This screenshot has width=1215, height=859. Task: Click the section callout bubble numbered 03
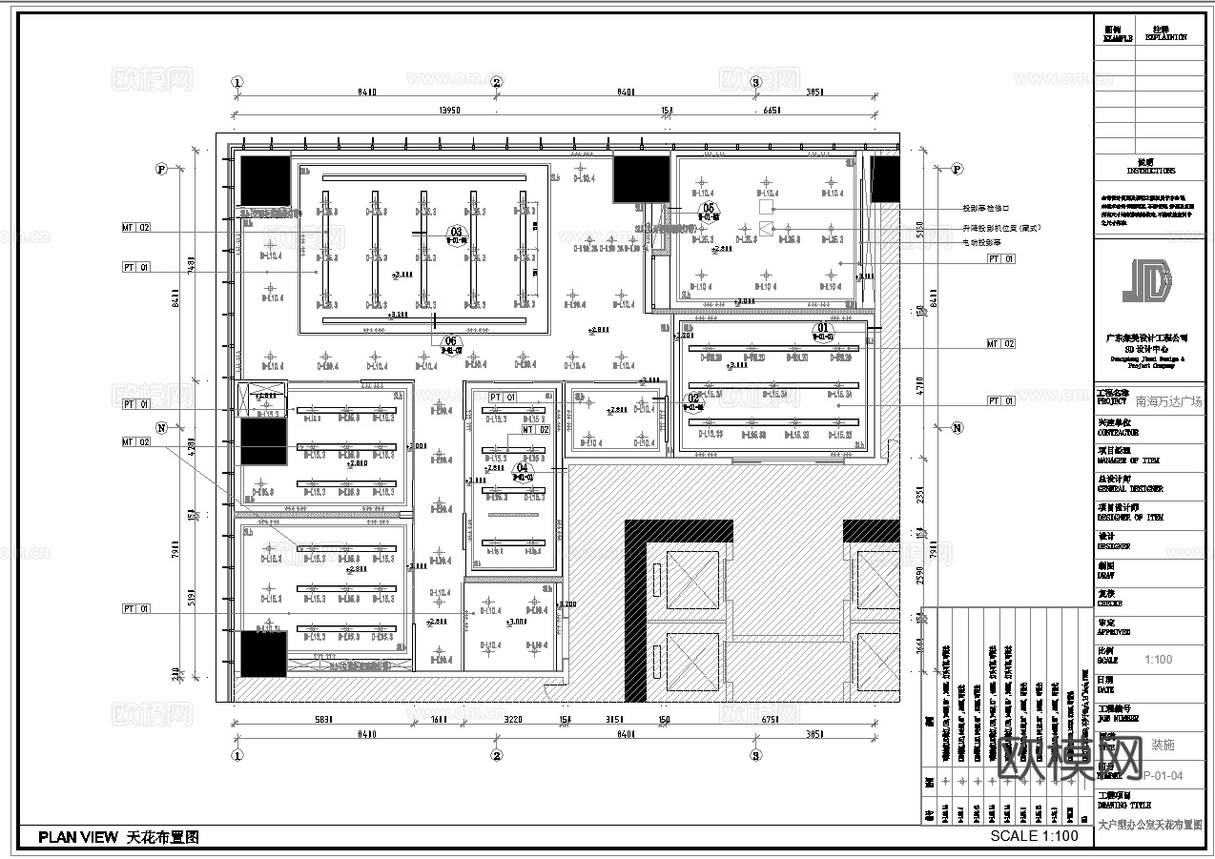tap(456, 232)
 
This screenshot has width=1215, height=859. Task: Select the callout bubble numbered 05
tap(708, 208)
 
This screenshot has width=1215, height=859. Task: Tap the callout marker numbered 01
tap(823, 329)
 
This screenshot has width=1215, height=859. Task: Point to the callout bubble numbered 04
tap(522, 469)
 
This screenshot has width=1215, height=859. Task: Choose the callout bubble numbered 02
tap(693, 399)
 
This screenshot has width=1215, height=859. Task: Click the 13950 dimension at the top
tap(449, 111)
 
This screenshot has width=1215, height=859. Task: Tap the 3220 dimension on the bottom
tap(514, 721)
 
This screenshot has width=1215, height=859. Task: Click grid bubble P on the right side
tap(957, 170)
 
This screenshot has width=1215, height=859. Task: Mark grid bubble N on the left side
tap(161, 429)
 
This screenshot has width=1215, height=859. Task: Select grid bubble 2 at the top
tap(497, 82)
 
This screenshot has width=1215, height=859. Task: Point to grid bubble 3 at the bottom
tap(756, 756)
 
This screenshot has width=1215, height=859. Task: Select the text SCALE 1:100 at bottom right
tap(1034, 836)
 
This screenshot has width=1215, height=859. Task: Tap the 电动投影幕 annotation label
tap(981, 242)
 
